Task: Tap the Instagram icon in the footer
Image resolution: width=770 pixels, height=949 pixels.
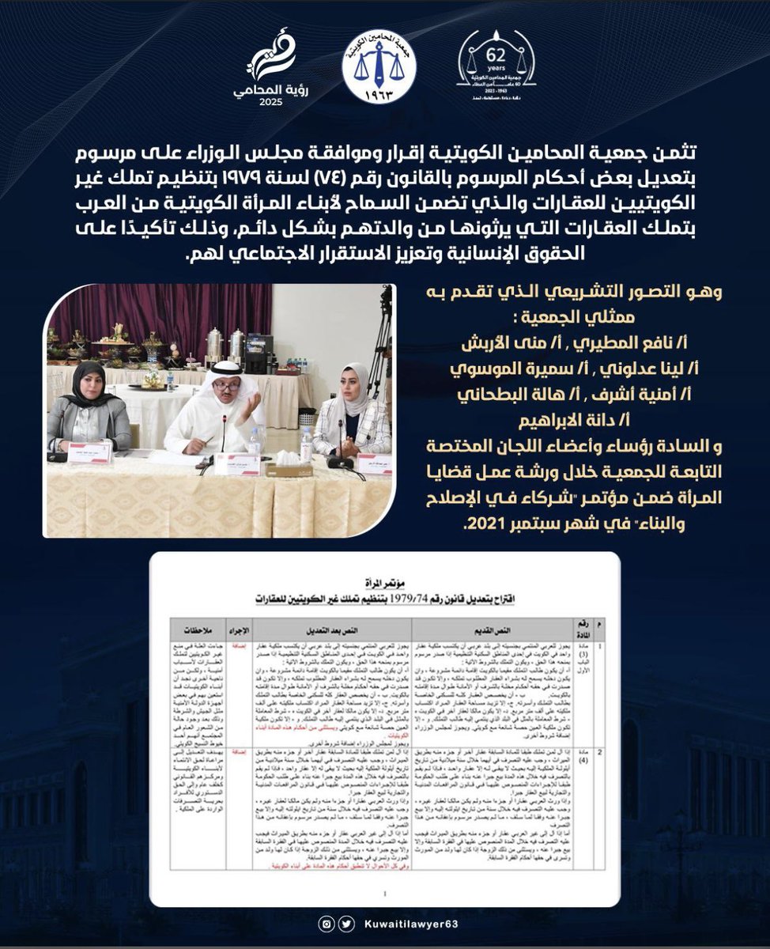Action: click(326, 923)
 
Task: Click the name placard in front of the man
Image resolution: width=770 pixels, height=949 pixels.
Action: click(236, 463)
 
